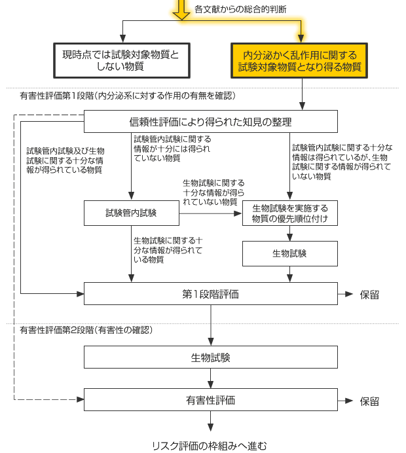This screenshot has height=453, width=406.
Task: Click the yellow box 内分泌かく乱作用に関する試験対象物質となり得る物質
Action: pos(299,61)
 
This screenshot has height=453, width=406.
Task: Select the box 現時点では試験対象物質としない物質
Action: pos(122,61)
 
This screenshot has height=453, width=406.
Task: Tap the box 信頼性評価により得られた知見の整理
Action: pos(211,121)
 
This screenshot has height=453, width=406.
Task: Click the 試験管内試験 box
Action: pos(132,213)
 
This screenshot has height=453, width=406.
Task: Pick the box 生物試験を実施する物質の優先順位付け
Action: pos(290,213)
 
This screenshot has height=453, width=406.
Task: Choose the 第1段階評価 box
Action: pos(211,293)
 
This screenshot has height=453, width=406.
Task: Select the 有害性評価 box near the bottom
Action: pos(211,399)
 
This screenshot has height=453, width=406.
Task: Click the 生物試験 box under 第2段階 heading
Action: pos(211,357)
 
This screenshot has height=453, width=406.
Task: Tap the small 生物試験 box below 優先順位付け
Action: pos(290,253)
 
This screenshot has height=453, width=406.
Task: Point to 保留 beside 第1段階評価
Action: pos(369,295)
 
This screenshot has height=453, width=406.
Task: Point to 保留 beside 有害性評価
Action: pos(369,401)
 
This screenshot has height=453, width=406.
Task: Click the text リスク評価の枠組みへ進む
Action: pos(210,446)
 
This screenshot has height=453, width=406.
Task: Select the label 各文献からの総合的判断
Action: pos(240,9)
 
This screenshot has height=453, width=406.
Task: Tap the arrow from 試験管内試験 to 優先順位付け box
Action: pos(210,213)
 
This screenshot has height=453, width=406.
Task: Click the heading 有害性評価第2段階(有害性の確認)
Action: pos(86,330)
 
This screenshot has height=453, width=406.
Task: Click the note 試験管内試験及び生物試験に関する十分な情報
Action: pos(65,160)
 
